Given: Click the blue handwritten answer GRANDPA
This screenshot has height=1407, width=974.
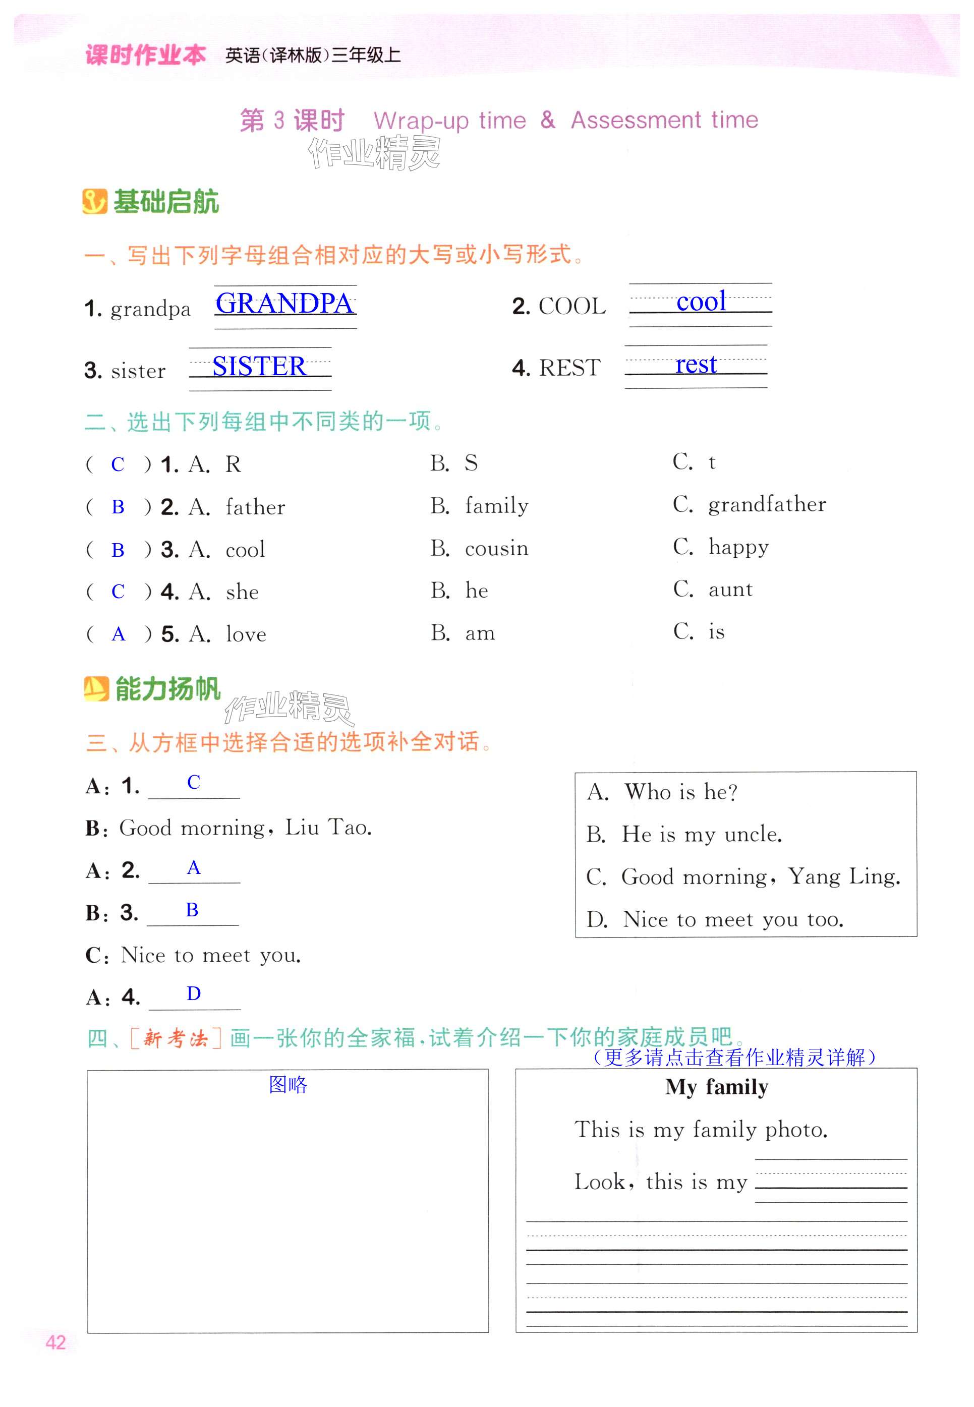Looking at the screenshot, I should pos(284,303).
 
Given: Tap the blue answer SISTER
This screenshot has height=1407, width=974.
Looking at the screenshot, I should pos(259,366).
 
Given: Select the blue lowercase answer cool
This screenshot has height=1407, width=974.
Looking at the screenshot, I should pos(701,302).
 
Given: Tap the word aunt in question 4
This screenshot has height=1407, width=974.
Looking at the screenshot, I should pos(730,590).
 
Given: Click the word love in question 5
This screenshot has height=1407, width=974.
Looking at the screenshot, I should pos(246,634).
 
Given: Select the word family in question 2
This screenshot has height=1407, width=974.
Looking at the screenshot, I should pos(496,506).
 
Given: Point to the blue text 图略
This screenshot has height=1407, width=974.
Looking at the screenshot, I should pos(288,1084).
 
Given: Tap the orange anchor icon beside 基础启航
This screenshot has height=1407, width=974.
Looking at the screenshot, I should pos(95,201).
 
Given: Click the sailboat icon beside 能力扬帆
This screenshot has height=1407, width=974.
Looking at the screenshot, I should pos(96,689).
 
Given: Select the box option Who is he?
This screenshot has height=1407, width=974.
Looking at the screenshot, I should pos(680,792).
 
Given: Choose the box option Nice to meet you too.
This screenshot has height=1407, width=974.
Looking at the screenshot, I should pos(732,919).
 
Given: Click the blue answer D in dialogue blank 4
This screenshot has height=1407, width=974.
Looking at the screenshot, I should pos(194,994).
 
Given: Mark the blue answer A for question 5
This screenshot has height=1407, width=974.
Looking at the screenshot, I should pos(119,634).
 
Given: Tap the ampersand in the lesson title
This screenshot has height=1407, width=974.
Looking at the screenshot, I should pos(547,120).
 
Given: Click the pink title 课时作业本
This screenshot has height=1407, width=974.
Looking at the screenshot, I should pos(145,55).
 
